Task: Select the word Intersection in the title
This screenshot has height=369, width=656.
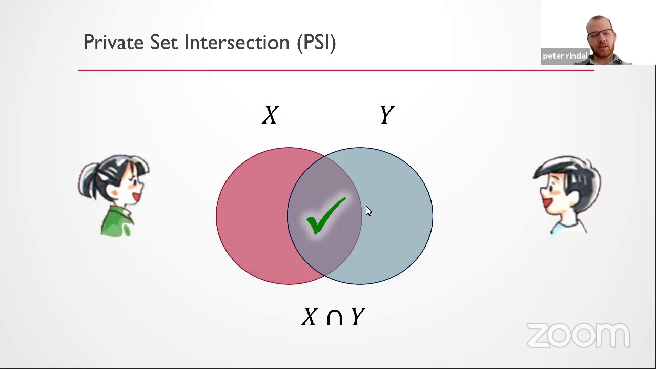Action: pos(237,43)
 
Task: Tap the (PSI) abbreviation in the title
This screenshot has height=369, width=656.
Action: pos(316,43)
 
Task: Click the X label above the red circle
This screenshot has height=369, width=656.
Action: pos(271,115)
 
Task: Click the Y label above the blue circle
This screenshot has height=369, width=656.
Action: pos(387,115)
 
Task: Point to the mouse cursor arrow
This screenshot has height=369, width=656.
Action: pos(368,211)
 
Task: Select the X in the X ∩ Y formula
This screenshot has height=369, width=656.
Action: pos(310,317)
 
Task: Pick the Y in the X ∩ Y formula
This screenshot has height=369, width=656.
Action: pos(358,317)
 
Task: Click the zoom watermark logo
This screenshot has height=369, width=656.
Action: pos(578,336)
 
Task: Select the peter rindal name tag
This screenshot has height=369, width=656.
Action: pos(565,56)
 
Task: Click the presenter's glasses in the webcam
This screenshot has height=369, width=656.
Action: pos(600,35)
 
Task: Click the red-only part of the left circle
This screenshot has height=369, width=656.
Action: pos(251,215)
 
